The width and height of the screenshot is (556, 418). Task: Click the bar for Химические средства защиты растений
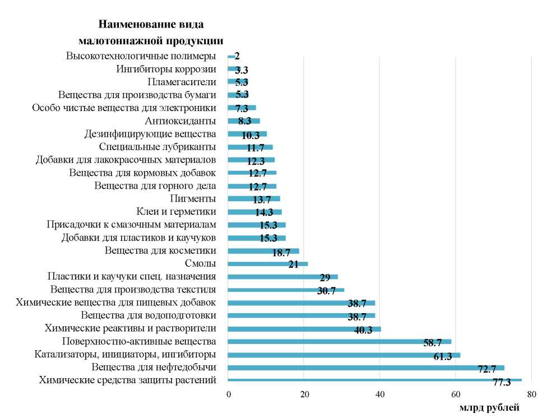click(x=374, y=380)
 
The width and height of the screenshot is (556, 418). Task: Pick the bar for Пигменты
click(x=253, y=198)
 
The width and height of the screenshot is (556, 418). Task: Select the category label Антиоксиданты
click(x=180, y=121)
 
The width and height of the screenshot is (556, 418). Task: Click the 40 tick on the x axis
click(x=380, y=394)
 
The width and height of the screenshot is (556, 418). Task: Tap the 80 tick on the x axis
click(x=532, y=394)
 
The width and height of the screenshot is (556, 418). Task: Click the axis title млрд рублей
click(x=489, y=408)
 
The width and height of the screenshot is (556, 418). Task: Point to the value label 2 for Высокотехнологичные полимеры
click(x=237, y=57)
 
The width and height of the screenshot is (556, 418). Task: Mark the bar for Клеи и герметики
click(x=254, y=212)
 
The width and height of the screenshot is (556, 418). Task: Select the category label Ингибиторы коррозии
click(x=166, y=69)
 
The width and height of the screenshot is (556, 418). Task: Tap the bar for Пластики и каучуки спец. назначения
click(x=282, y=277)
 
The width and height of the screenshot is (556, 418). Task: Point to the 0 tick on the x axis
click(x=228, y=394)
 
